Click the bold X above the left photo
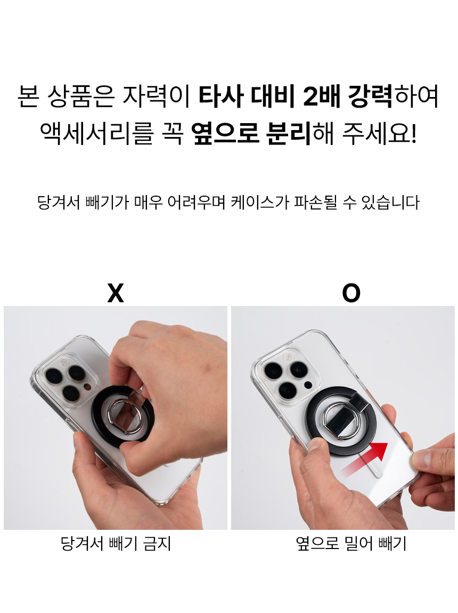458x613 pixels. (116, 293)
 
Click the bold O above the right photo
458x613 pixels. (351, 293)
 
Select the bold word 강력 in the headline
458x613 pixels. (370, 96)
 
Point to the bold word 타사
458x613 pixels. (221, 96)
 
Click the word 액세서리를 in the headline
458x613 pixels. (96, 133)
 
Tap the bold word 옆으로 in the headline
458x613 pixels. (225, 133)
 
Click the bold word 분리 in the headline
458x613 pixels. (289, 133)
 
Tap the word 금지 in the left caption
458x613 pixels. (157, 543)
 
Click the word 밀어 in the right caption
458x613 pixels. (359, 543)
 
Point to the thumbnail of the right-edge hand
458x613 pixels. (421, 459)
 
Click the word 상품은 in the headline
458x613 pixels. (81, 96)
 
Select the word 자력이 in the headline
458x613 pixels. (156, 96)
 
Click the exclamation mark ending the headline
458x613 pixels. (414, 133)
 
